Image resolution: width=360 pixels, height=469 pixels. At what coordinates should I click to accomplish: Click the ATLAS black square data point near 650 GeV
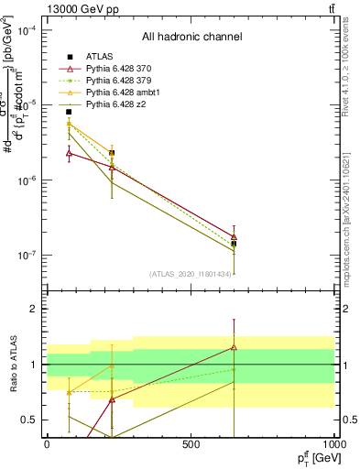[235, 244]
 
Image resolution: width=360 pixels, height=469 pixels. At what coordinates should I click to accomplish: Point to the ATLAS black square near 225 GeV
[112, 153]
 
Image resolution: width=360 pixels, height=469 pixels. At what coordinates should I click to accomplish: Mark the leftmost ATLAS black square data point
[69, 112]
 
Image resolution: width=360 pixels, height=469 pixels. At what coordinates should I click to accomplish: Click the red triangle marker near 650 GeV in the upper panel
[235, 236]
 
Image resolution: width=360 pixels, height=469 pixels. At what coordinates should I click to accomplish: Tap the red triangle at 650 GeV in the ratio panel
[235, 347]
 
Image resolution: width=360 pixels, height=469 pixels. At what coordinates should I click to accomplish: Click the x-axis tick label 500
[191, 443]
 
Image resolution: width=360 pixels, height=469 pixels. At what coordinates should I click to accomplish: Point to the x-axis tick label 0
[47, 443]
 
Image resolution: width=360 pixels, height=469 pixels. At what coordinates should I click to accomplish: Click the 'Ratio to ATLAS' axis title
[12, 365]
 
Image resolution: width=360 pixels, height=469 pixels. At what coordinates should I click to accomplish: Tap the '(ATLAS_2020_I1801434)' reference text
[191, 273]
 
